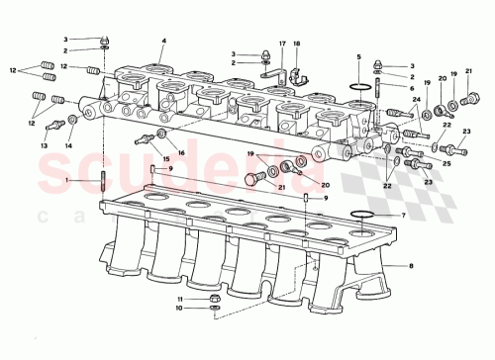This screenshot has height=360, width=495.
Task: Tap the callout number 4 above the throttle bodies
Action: [162, 41]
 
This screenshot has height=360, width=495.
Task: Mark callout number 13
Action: [44, 145]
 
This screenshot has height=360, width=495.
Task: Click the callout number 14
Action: [69, 145]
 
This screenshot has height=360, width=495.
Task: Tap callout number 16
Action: [181, 152]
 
